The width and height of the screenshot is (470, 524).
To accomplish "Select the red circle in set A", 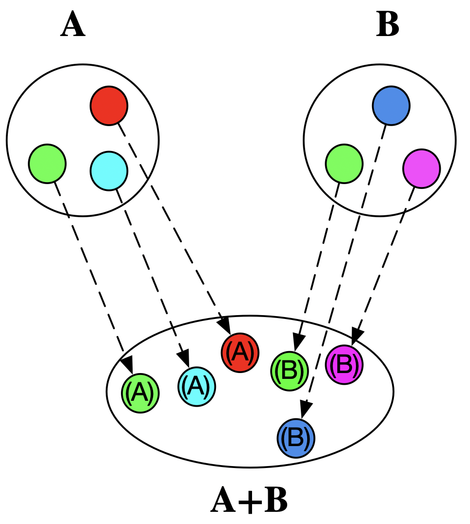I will click(109, 105).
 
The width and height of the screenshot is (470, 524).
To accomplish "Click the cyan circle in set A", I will click(109, 170).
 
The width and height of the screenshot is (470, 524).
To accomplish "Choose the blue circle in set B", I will click(391, 105).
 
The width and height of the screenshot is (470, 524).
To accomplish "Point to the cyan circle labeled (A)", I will click(196, 386).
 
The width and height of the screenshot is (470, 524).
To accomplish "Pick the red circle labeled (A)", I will click(240, 353).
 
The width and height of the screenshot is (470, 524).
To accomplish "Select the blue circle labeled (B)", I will click(296, 438).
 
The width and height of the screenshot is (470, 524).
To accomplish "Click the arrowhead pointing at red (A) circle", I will click(225, 324).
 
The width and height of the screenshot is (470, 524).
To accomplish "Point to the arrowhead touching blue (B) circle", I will click(304, 409).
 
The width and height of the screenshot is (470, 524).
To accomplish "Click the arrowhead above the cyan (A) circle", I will click(184, 358).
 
